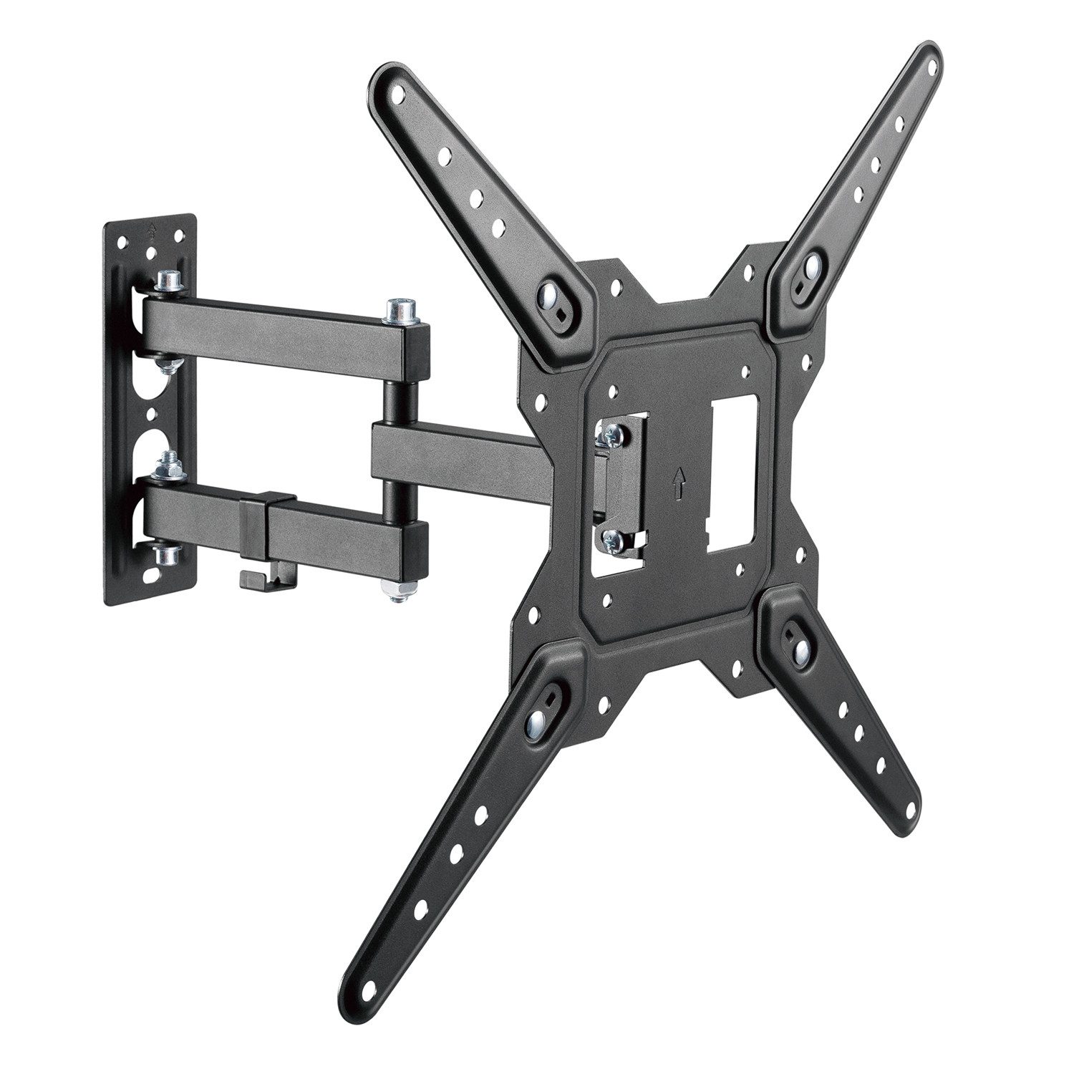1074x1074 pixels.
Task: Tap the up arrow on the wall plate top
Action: [x=151, y=229]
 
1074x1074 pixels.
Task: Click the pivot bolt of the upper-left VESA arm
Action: [x=550, y=294]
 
